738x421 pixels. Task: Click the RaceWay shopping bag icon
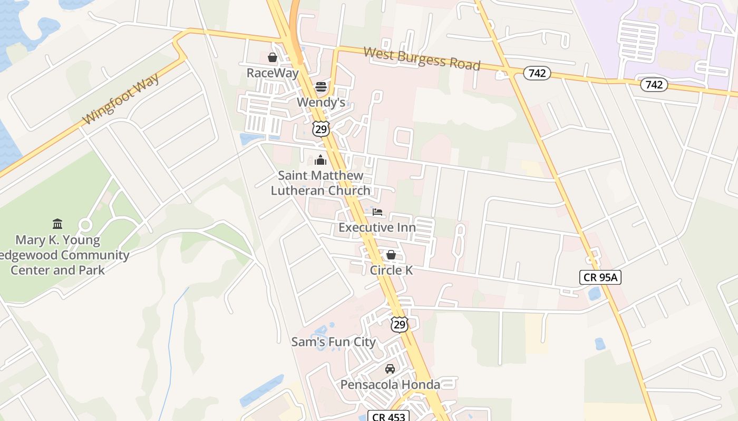(273, 57)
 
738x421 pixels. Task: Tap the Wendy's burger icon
(321, 86)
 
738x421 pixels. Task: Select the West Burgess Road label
(422, 58)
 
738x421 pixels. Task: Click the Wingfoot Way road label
(121, 99)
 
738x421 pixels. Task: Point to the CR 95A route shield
(600, 277)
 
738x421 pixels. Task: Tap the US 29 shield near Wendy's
(321, 128)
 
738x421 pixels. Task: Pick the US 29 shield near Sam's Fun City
(400, 325)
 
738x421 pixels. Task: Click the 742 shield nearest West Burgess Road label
(537, 73)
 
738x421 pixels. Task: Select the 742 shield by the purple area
(654, 84)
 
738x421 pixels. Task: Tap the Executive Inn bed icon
(377, 212)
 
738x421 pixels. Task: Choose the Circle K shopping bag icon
(391, 255)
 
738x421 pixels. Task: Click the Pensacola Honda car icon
(390, 368)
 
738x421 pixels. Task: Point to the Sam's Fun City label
(334, 342)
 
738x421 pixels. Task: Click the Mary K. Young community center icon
(57, 224)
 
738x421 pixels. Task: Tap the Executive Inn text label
(377, 227)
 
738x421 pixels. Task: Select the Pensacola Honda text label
(390, 385)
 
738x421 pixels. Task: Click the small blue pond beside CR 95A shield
(595, 293)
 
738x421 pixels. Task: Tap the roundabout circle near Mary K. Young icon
(85, 225)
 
